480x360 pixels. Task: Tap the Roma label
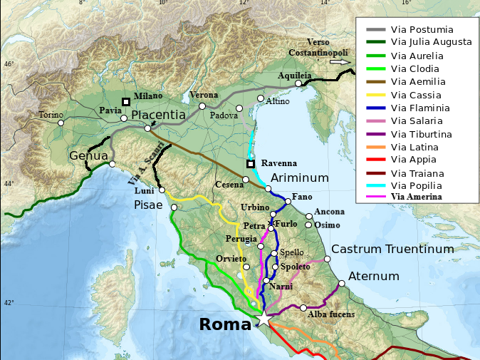click(225, 324)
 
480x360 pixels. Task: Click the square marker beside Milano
click(126, 102)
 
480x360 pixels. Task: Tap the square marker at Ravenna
click(251, 163)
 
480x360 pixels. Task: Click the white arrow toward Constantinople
click(342, 62)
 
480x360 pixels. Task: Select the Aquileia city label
click(295, 75)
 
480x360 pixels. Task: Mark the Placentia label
click(159, 114)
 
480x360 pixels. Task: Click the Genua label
click(88, 155)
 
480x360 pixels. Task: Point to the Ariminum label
click(299, 178)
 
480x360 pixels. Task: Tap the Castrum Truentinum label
click(392, 249)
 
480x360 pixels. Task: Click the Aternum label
click(370, 276)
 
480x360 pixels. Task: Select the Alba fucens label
click(331, 314)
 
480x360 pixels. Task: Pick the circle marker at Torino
click(61, 123)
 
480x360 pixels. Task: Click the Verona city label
click(204, 95)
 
